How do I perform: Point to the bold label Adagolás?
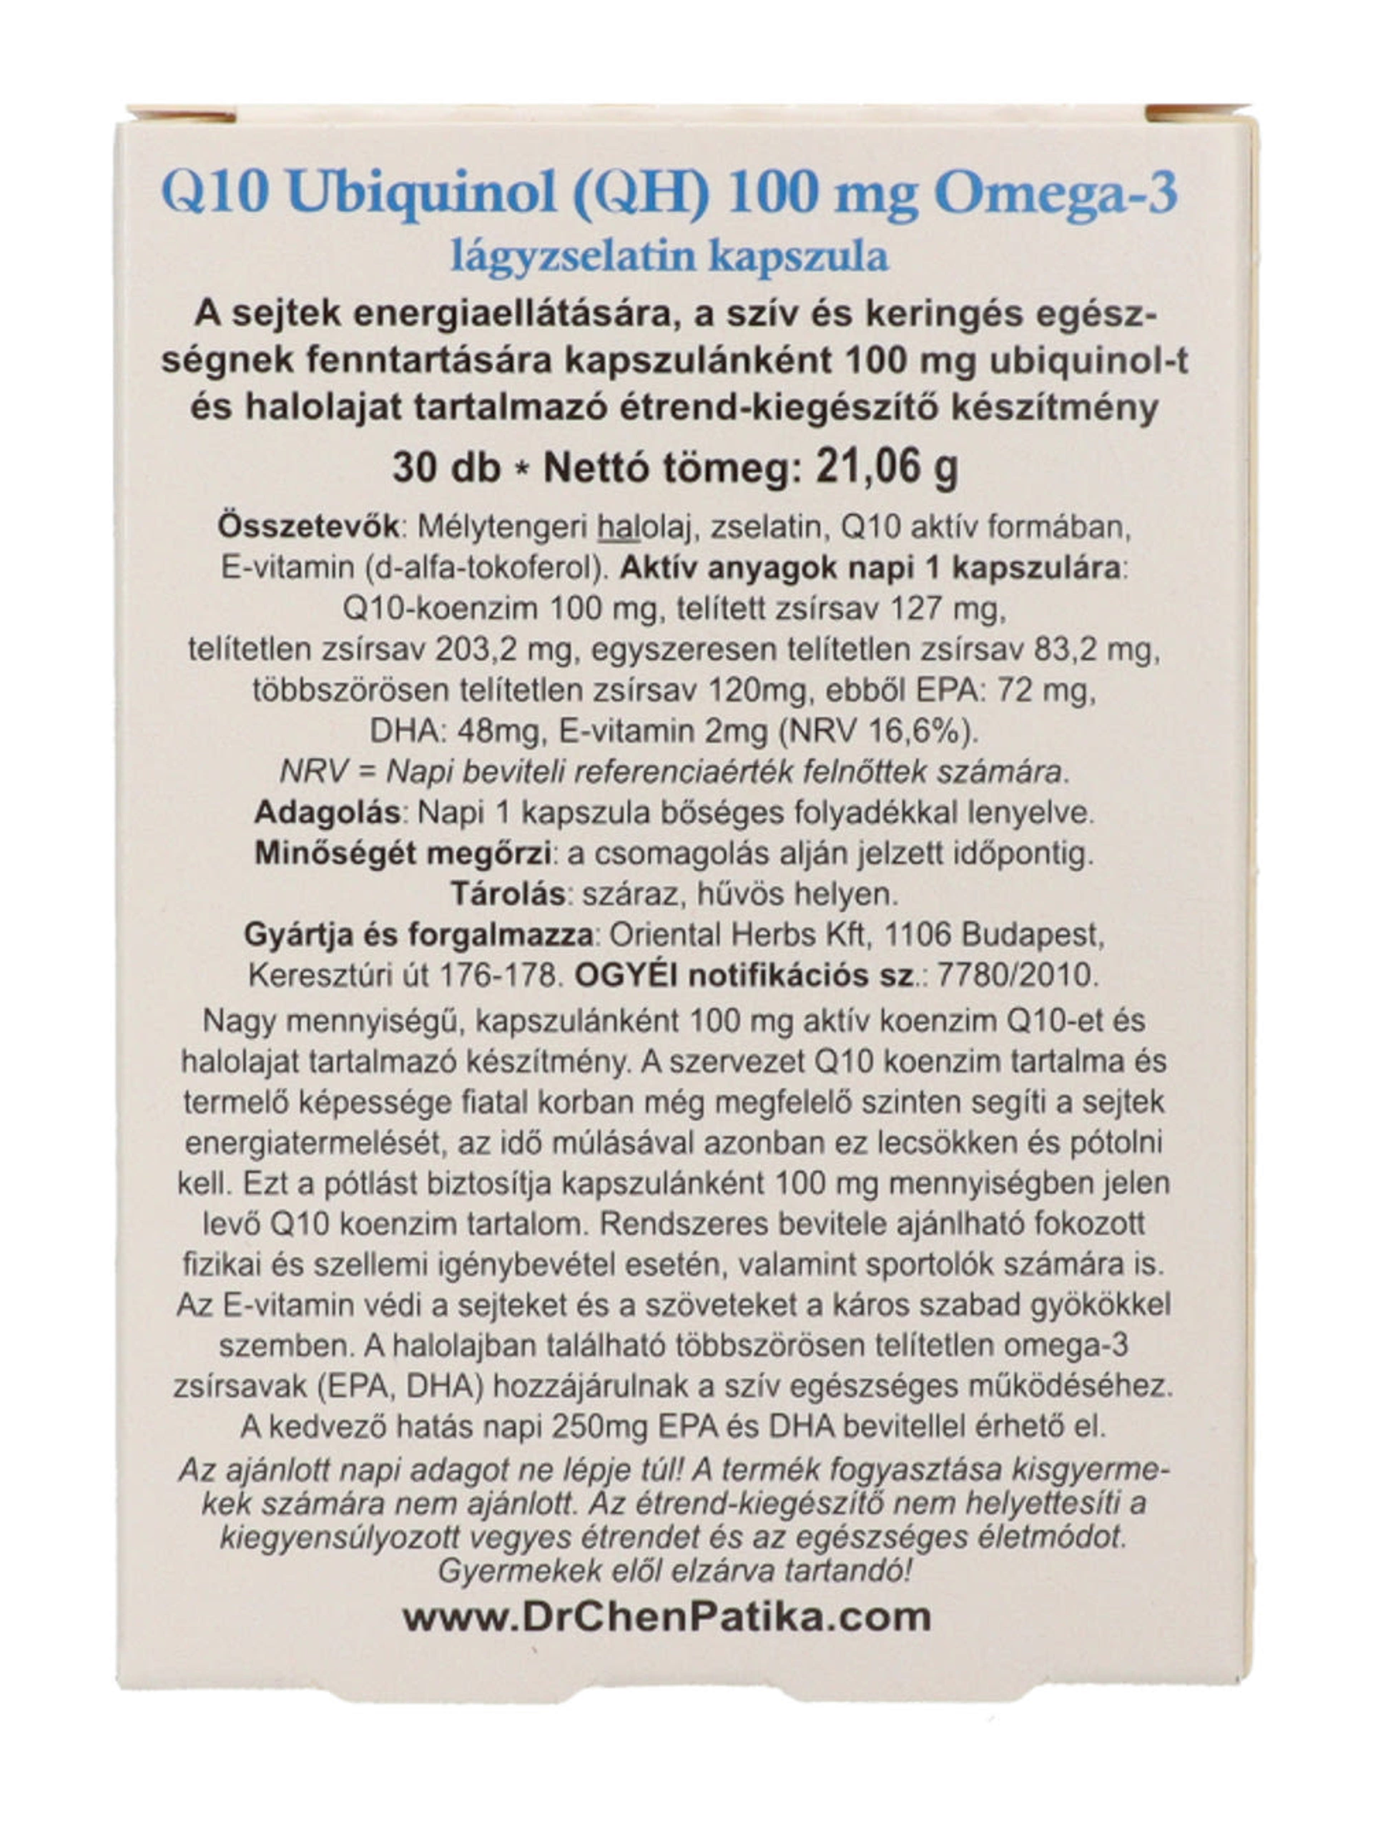point(327,812)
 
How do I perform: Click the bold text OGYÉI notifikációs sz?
point(745,975)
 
